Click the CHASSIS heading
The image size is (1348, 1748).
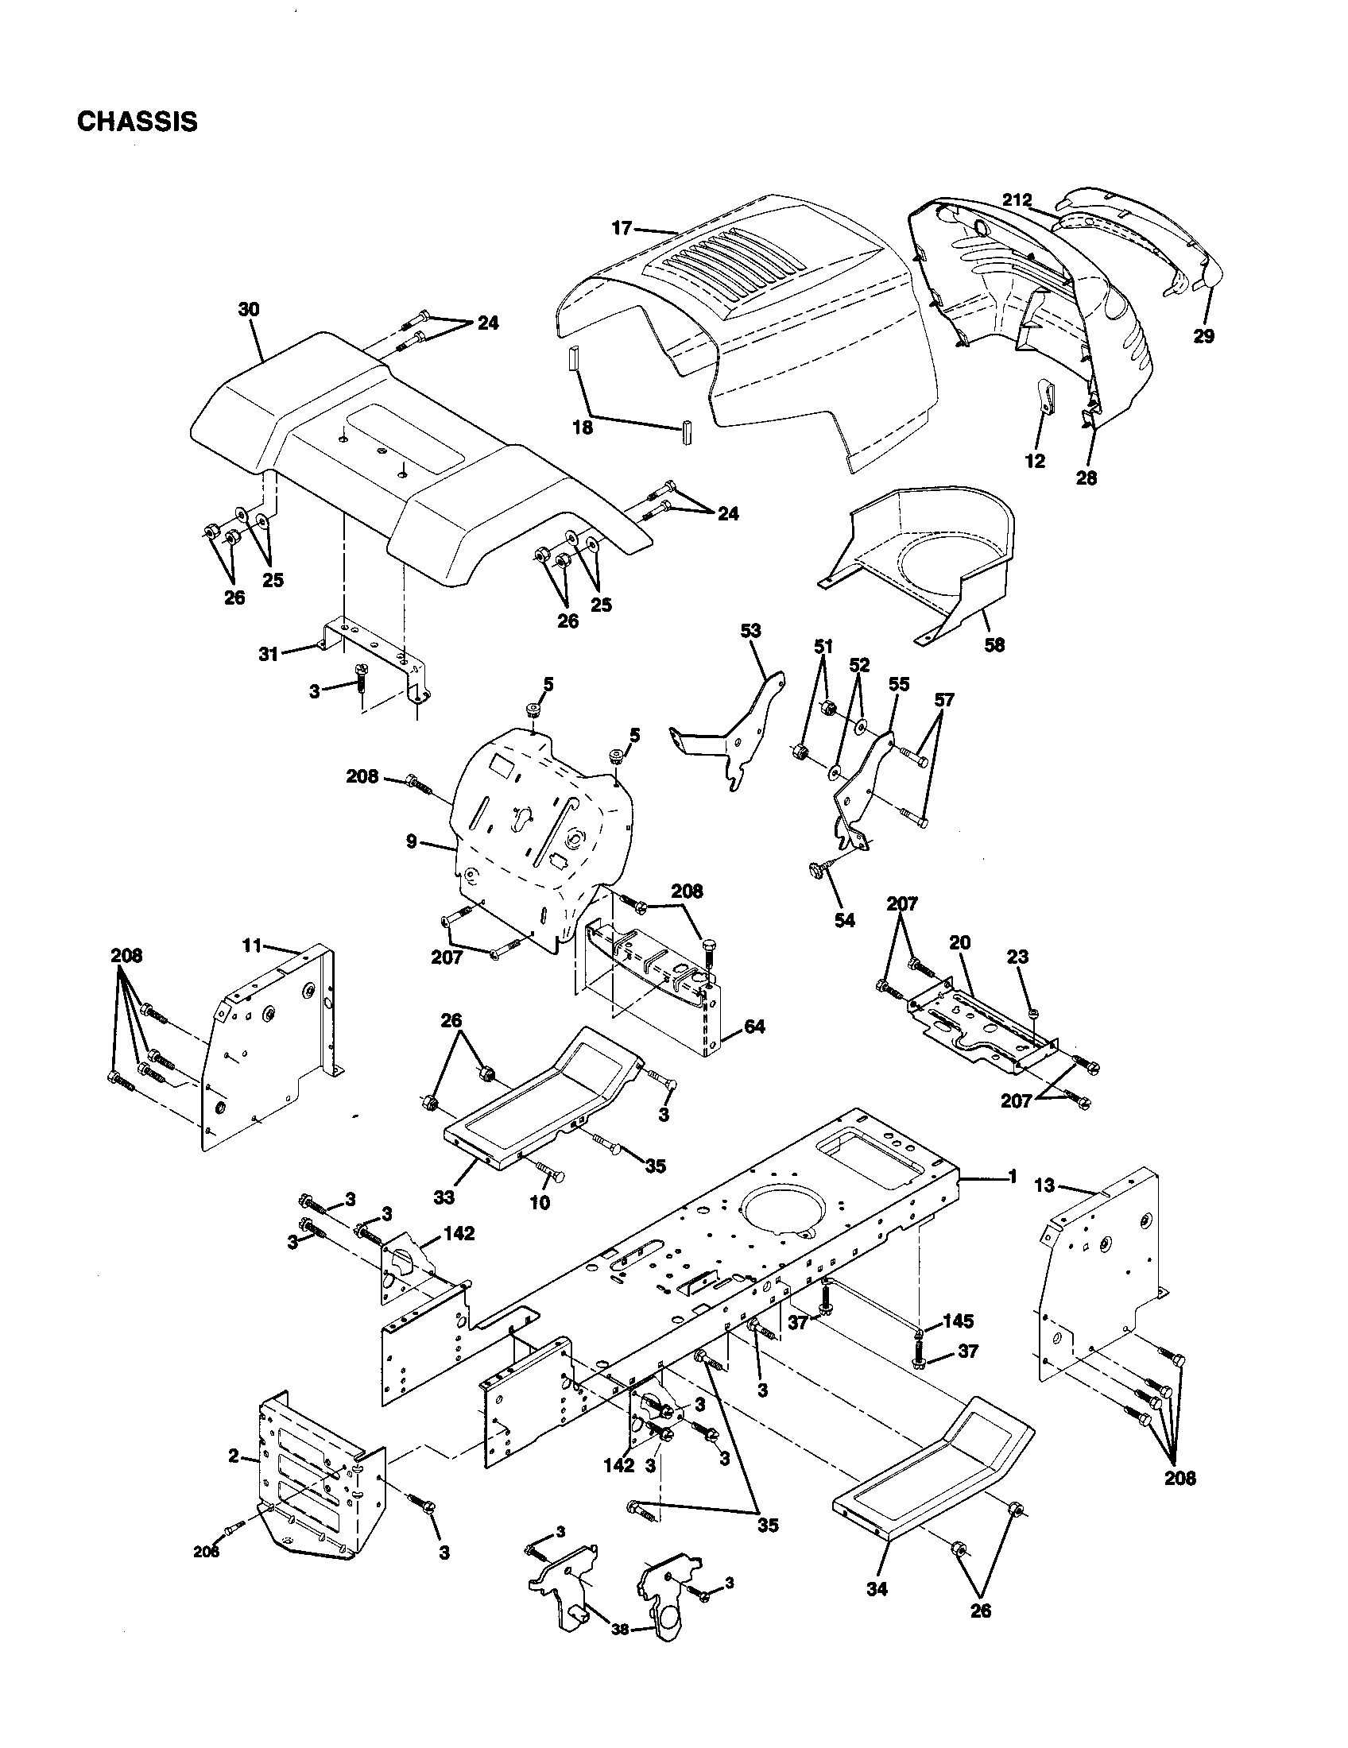pyautogui.click(x=137, y=122)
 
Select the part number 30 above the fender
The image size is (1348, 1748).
pyautogui.click(x=249, y=310)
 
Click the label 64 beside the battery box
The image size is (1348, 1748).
pyautogui.click(x=753, y=1026)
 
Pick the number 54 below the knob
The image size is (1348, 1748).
pyautogui.click(x=845, y=920)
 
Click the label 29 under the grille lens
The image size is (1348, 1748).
pyautogui.click(x=1203, y=336)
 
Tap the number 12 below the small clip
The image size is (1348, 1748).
pyautogui.click(x=1035, y=462)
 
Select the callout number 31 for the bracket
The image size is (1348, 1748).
pyautogui.click(x=269, y=654)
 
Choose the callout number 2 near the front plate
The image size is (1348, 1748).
pyautogui.click(x=233, y=1456)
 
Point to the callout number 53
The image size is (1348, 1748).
pyautogui.click(x=751, y=631)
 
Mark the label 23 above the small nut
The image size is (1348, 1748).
pyautogui.click(x=1017, y=957)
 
